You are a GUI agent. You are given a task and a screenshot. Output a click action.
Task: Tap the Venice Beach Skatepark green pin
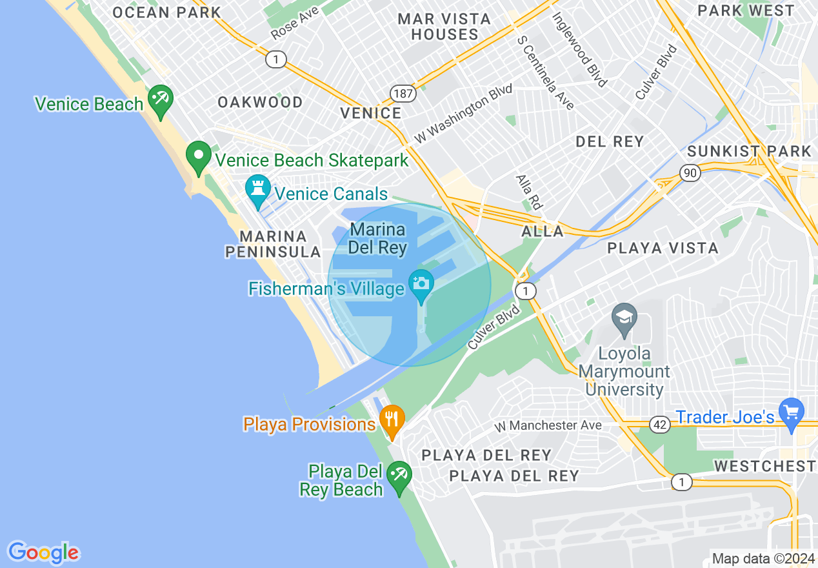coord(199,156)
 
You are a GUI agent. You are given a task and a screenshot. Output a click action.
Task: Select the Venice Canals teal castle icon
coord(257,189)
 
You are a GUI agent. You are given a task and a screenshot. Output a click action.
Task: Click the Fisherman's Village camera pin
coord(421,283)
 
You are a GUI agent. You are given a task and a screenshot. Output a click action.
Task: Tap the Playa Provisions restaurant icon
coord(392,419)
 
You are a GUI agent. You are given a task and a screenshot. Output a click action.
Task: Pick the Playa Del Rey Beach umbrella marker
coord(399,478)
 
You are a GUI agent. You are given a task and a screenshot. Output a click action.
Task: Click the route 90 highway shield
coord(690,172)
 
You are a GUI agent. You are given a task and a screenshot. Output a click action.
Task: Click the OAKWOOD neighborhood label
coord(260,102)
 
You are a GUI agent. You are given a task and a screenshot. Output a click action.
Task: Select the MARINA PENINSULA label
coord(272,244)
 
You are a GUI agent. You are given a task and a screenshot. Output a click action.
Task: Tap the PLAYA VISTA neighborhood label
coord(663,248)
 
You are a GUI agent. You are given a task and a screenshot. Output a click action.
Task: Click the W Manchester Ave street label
coord(548,425)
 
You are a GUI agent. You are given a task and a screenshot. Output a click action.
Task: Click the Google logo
coord(43,553)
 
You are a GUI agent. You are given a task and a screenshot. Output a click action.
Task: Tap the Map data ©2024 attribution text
coord(762,558)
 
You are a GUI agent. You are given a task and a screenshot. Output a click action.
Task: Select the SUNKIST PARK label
coord(749,152)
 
